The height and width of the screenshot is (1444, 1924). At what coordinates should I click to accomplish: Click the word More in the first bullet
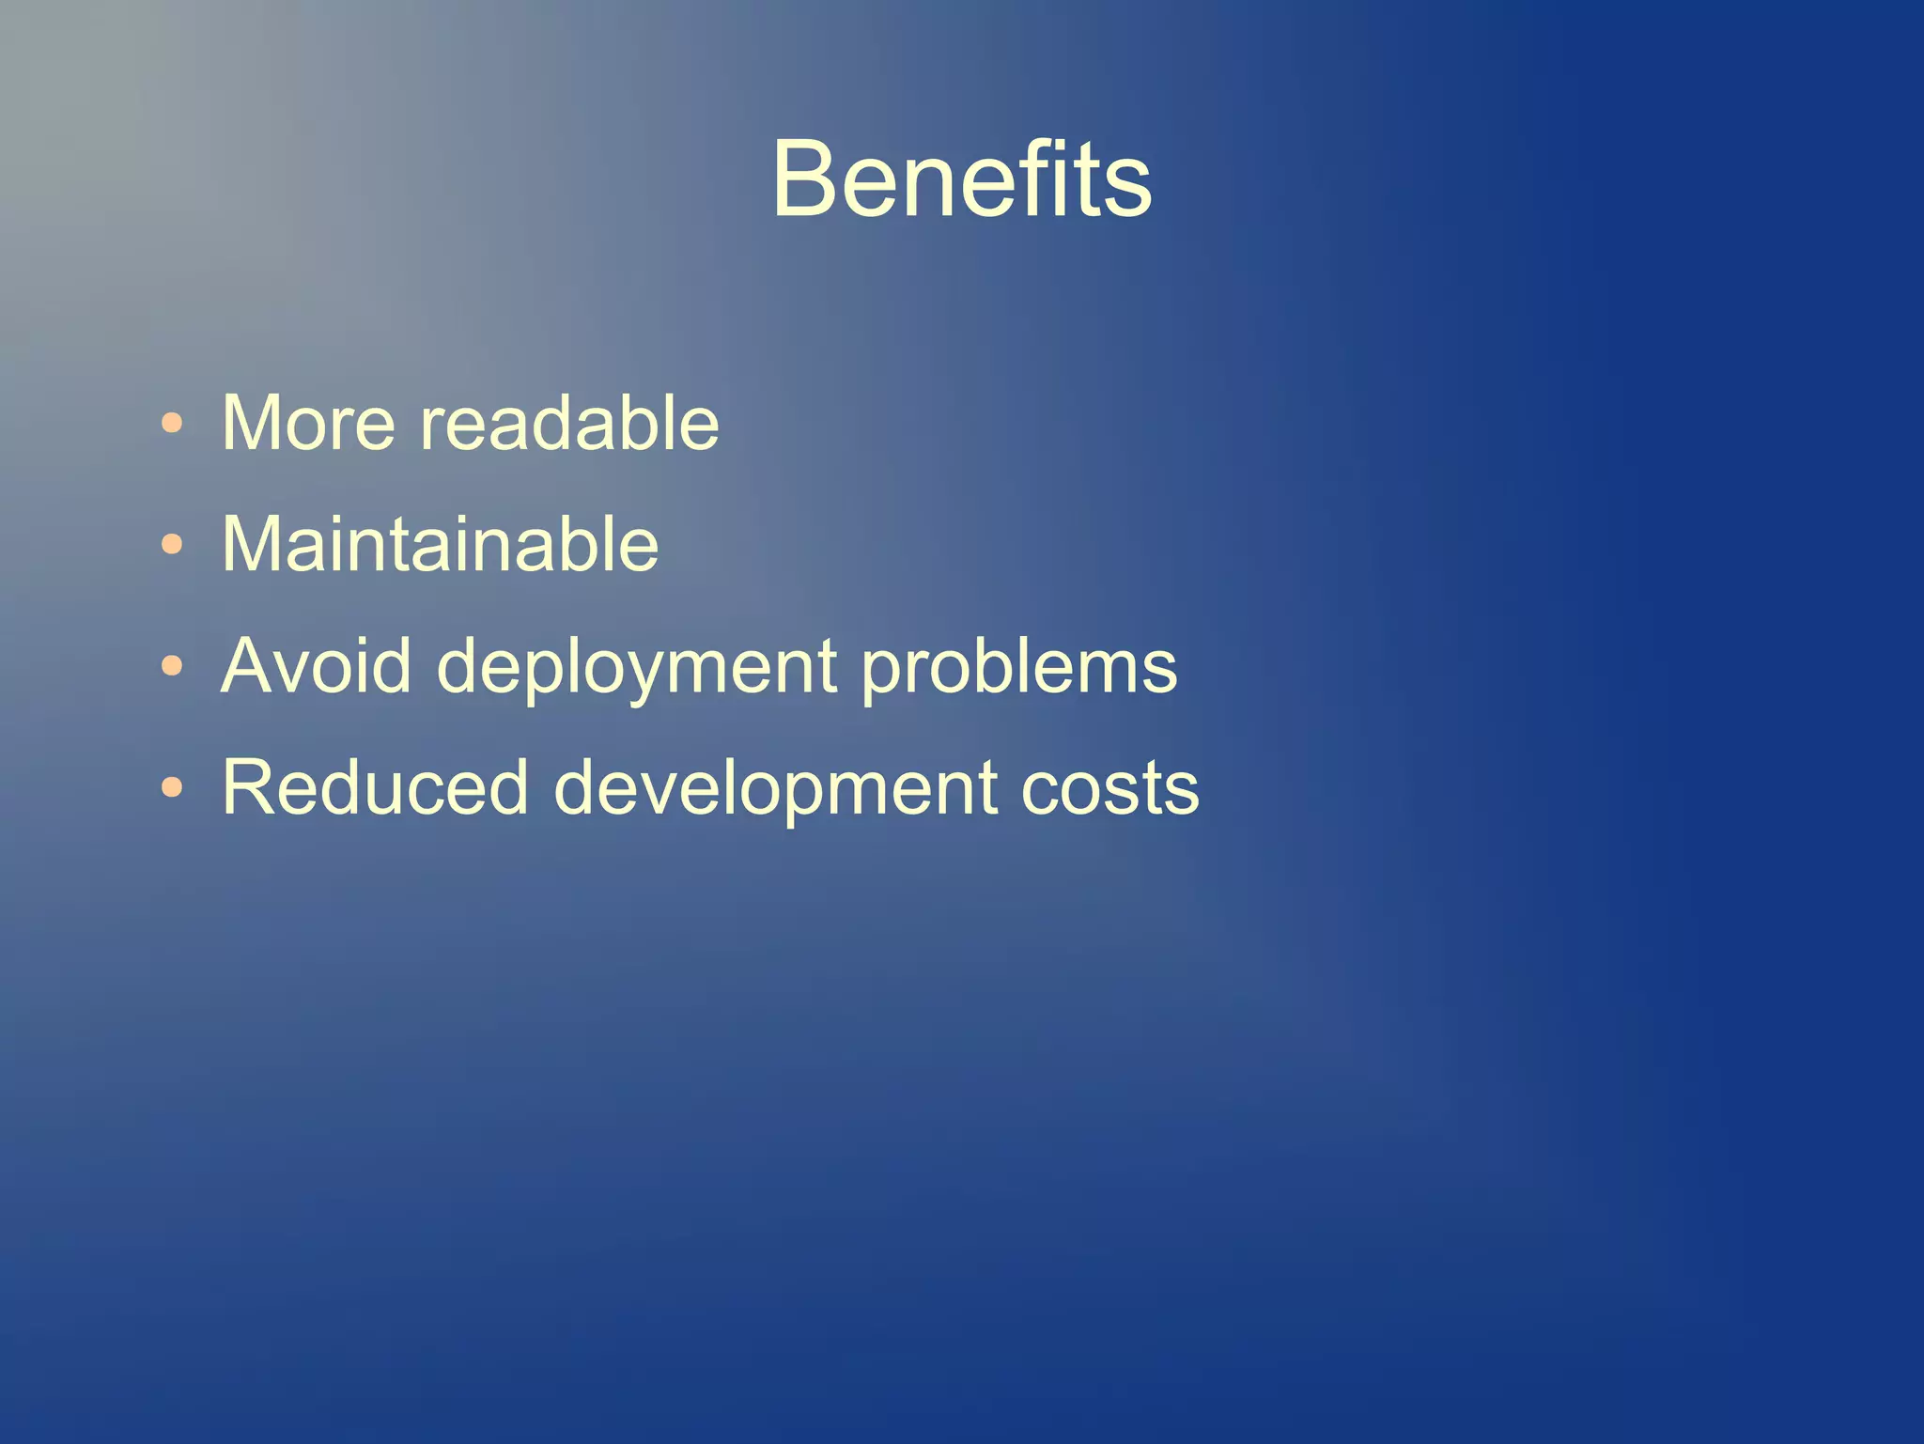[308, 423]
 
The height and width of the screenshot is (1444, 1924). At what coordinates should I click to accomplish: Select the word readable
[569, 423]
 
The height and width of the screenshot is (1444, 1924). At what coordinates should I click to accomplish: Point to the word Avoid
[316, 665]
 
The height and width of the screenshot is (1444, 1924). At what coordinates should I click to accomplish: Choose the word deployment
[637, 669]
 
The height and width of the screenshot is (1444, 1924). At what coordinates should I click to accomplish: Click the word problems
[1019, 669]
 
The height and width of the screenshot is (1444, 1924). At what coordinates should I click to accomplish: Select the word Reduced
[375, 786]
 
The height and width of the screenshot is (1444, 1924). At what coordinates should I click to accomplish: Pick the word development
[776, 789]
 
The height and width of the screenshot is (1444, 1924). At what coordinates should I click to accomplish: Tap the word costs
[1109, 789]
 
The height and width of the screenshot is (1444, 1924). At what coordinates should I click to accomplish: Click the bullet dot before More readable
[172, 423]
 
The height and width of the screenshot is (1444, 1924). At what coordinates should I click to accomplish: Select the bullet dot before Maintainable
[172, 544]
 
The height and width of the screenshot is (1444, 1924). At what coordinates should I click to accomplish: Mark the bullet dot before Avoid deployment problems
[172, 665]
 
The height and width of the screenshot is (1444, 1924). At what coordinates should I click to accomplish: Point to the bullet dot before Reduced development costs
[172, 786]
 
